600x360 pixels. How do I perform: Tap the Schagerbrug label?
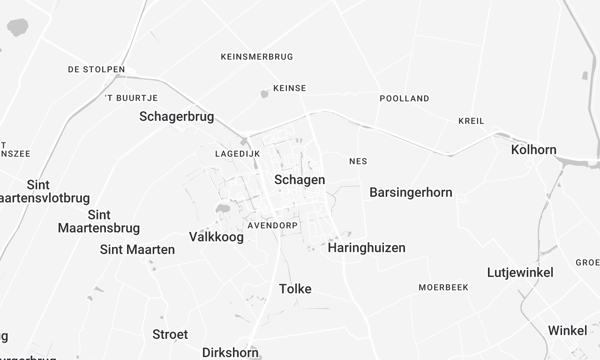pos(176,117)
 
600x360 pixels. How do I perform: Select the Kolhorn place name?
pos(534,149)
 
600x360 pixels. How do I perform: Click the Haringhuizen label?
pos(367,247)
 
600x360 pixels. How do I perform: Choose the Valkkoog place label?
pos(216,237)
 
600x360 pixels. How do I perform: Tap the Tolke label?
pos(295,289)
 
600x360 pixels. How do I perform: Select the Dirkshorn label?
pos(231,352)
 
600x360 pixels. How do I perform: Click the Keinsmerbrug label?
pos(257,56)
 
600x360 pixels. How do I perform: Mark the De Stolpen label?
pos(96,70)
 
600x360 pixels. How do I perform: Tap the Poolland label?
pos(404,98)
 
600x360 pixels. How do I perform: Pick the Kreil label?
pos(470,120)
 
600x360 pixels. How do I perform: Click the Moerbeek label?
pos(443,287)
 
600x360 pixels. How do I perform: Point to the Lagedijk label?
pos(237,154)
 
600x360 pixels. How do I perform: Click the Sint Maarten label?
pos(137,249)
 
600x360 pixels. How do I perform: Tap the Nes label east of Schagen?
pos(358,161)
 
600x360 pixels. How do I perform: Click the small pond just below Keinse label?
pos(265,95)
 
